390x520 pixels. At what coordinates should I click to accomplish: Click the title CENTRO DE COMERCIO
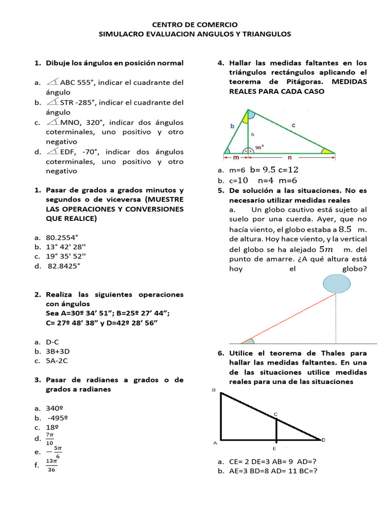(195, 24)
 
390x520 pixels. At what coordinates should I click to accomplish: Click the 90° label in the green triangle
(259, 147)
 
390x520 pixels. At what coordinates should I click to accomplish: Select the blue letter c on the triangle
(294, 124)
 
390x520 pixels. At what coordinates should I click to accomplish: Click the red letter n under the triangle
(289, 158)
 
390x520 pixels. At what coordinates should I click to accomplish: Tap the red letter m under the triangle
(236, 158)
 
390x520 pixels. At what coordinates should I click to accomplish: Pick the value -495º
(57, 418)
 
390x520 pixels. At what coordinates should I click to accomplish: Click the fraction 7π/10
(50, 438)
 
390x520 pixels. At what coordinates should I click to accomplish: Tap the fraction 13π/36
(51, 465)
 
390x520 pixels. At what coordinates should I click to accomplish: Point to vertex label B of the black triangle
(213, 390)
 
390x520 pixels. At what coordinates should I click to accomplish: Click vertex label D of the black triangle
(323, 440)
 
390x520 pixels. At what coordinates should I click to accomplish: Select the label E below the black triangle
(275, 449)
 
